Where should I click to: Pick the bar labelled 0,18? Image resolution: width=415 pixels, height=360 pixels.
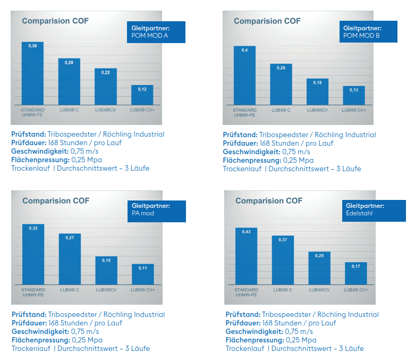[317, 92]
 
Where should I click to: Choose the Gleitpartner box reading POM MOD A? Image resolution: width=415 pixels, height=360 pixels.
[156, 32]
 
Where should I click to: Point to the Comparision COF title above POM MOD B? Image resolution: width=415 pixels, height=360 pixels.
[267, 21]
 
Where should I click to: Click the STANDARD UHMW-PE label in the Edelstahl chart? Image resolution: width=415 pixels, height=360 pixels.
[246, 292]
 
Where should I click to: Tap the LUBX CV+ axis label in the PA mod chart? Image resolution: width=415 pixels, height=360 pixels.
[143, 290]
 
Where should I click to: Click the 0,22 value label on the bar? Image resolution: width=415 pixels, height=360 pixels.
[105, 73]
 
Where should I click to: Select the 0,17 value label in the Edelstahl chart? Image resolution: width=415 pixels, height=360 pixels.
[355, 266]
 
